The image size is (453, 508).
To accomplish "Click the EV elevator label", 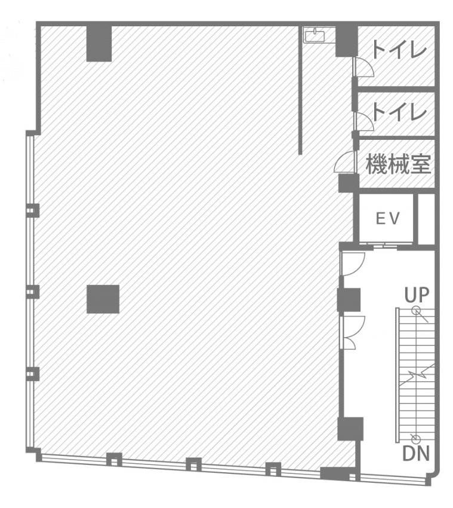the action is click(387, 218).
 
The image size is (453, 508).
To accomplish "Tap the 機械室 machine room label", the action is click(398, 164).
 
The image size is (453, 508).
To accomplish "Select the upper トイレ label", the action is click(399, 50).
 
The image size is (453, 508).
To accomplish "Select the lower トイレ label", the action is click(399, 112).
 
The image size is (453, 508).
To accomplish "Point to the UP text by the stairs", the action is click(417, 295).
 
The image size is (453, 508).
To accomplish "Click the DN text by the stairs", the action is click(416, 453).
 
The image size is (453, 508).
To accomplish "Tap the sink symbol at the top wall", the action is click(315, 35).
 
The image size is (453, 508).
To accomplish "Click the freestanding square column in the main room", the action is click(103, 299).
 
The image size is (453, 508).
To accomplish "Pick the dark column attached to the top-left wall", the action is click(99, 44).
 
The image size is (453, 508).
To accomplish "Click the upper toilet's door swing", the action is click(363, 67).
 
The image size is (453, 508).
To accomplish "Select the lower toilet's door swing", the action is click(363, 121).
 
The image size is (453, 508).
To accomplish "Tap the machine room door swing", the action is click(346, 162).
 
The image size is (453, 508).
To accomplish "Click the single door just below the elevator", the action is click(353, 264).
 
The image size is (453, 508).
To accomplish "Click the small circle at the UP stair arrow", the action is click(416, 311).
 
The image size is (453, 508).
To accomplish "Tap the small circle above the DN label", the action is click(416, 439).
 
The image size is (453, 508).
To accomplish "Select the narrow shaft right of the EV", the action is click(426, 218).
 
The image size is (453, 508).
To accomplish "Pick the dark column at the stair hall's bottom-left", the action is click(350, 429).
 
